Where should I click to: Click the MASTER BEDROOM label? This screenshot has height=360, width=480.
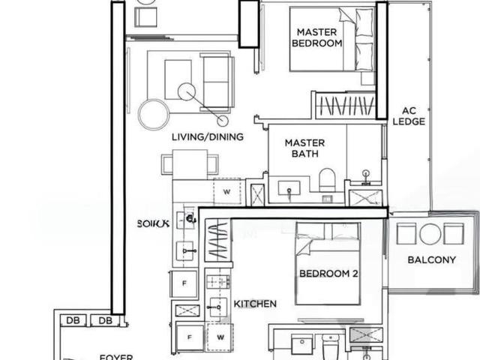point(316,37)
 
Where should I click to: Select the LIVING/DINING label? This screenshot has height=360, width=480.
point(208,136)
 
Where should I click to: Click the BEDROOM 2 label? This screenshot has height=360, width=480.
point(328,274)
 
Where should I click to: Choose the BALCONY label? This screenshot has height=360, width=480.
point(431,260)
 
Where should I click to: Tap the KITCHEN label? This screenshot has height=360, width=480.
point(255,304)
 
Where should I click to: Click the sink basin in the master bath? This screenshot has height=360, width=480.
point(289,187)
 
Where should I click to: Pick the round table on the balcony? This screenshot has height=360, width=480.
point(430,234)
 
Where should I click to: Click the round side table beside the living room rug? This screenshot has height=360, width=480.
point(153,112)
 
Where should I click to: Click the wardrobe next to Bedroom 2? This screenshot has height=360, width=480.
point(217,242)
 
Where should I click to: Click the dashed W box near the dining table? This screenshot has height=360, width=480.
point(226,192)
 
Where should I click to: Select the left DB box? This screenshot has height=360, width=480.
point(73,321)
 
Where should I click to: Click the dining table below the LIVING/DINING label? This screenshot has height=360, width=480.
point(190,163)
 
